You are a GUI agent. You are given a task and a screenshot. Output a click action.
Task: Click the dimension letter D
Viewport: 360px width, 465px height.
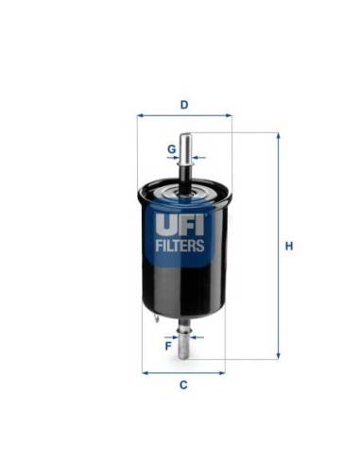click(x=183, y=104)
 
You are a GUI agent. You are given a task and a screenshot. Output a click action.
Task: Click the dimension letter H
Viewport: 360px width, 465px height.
click(x=290, y=247)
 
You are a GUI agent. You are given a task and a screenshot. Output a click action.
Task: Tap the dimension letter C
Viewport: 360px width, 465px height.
click(x=183, y=386)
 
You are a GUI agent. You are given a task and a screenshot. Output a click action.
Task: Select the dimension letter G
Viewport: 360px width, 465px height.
click(x=171, y=148)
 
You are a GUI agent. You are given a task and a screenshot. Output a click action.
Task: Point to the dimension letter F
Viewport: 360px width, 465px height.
click(x=168, y=345)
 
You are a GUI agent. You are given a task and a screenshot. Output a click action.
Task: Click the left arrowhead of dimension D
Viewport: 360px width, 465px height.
click(x=140, y=115)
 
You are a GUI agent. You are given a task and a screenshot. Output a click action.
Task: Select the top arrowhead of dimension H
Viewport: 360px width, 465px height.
click(x=278, y=136)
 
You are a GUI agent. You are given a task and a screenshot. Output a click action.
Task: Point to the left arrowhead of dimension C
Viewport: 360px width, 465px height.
click(x=145, y=372)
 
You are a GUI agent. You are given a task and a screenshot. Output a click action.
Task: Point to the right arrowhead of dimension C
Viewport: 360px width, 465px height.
click(x=223, y=372)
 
